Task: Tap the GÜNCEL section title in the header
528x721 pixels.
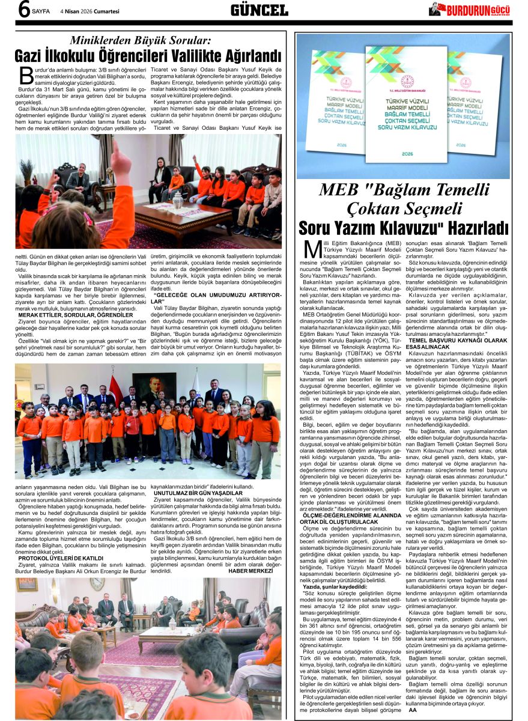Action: coord(259,10)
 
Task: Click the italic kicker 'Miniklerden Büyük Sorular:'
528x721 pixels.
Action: coord(141,41)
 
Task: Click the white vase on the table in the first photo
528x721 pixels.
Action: coord(177,201)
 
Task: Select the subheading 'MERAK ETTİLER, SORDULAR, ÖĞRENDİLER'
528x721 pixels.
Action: coord(76,314)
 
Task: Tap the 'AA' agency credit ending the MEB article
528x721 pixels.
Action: coord(412,710)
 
